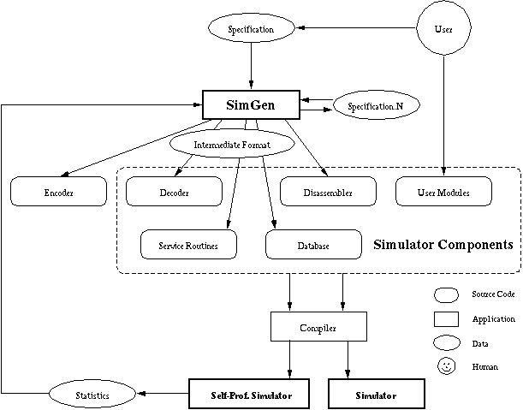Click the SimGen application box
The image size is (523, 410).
[x=250, y=104]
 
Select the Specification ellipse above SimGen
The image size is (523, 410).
[x=251, y=30]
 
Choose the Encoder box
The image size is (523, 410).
[x=58, y=193]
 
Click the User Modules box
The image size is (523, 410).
[x=445, y=193]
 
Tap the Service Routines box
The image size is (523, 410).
[x=188, y=245]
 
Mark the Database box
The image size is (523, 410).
[x=309, y=246]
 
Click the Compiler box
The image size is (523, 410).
[x=318, y=326]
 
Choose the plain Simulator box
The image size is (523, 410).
[x=376, y=395]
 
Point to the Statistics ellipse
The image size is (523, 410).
[x=93, y=395]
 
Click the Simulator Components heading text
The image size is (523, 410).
[x=443, y=245]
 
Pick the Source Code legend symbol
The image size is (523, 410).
[x=447, y=294]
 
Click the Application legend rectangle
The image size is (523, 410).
[x=446, y=318]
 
